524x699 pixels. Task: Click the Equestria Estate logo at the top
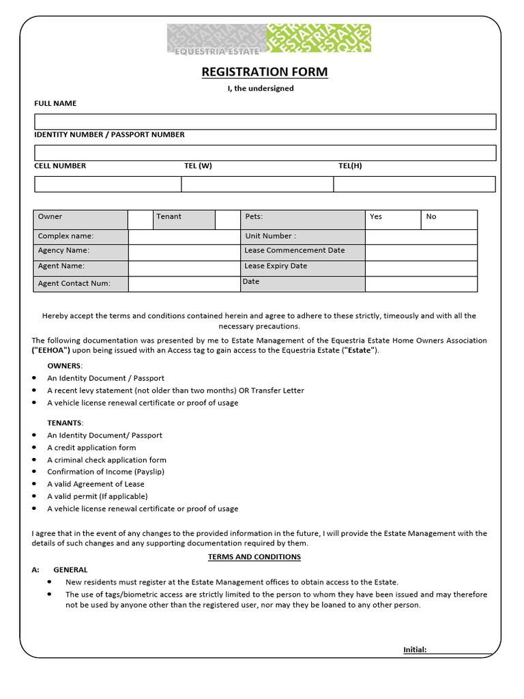tap(269, 39)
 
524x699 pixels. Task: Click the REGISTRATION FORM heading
tap(264, 72)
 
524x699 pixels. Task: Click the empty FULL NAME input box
tap(265, 122)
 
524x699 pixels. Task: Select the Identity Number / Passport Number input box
tap(265, 152)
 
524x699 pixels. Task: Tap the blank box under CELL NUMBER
tap(108, 184)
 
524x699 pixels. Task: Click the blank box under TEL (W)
tap(257, 184)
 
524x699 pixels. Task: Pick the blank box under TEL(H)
tap(414, 184)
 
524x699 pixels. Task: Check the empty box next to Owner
tap(140, 219)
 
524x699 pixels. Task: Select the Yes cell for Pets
tap(393, 219)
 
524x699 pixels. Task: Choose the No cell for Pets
tap(450, 219)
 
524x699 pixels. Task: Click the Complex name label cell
tap(81, 236)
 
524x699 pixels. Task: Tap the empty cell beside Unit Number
tap(421, 236)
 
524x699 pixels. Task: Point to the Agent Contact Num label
tap(81, 283)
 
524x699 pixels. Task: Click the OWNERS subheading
tap(64, 366)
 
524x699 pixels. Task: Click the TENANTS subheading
tap(65, 423)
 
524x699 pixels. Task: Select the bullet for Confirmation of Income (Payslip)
tap(35, 472)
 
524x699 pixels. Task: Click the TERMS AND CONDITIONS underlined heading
tap(254, 557)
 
